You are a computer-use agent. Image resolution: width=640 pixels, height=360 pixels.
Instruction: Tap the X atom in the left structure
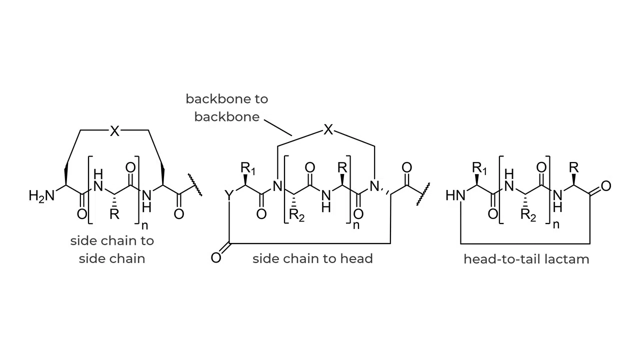[114, 131]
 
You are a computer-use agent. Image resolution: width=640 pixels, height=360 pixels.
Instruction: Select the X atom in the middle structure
[327, 130]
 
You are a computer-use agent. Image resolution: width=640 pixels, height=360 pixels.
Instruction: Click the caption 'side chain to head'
[312, 258]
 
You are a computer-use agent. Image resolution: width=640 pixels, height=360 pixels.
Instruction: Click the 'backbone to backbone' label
[227, 107]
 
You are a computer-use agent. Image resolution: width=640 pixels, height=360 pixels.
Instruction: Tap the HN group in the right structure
[455, 195]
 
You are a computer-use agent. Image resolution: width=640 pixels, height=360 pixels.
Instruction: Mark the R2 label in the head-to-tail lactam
[528, 215]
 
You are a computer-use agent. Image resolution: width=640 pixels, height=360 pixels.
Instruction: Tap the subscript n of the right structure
[555, 224]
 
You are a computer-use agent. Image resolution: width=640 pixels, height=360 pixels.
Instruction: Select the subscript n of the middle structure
[356, 225]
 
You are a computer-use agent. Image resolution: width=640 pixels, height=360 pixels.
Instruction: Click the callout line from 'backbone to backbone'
[278, 127]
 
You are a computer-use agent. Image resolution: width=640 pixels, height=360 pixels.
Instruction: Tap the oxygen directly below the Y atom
[216, 258]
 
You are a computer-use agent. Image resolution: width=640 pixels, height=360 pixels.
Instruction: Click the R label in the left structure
[114, 215]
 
